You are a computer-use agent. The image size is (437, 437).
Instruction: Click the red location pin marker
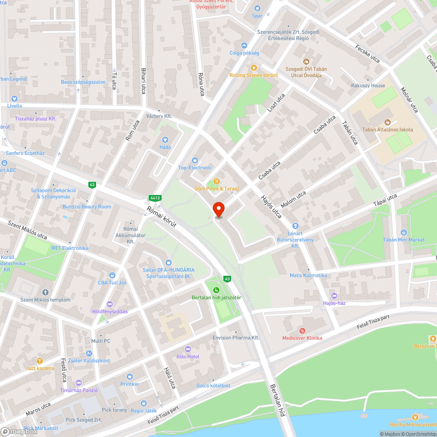click(218, 209)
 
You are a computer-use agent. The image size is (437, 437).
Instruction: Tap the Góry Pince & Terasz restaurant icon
click(216, 181)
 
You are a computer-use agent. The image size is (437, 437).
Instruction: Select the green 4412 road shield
click(155, 198)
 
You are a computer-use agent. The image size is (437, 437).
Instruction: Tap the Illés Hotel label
click(188, 357)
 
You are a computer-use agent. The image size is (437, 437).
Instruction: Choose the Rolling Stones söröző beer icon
click(253, 68)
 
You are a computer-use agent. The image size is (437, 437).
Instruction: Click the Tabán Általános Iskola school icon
click(387, 122)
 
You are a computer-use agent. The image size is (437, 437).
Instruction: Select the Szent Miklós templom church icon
click(45, 292)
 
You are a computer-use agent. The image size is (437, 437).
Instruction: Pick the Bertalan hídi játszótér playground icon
click(216, 290)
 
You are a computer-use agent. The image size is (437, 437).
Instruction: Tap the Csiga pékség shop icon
click(244, 45)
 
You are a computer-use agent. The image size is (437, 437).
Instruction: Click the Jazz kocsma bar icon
click(40, 361)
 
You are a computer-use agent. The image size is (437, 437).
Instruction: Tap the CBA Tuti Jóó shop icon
click(112, 275)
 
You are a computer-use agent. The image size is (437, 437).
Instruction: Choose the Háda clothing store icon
click(165, 140)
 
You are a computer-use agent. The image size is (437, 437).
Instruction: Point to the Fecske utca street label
click(367, 53)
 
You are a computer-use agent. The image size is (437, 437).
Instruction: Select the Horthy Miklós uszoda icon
click(415, 417)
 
